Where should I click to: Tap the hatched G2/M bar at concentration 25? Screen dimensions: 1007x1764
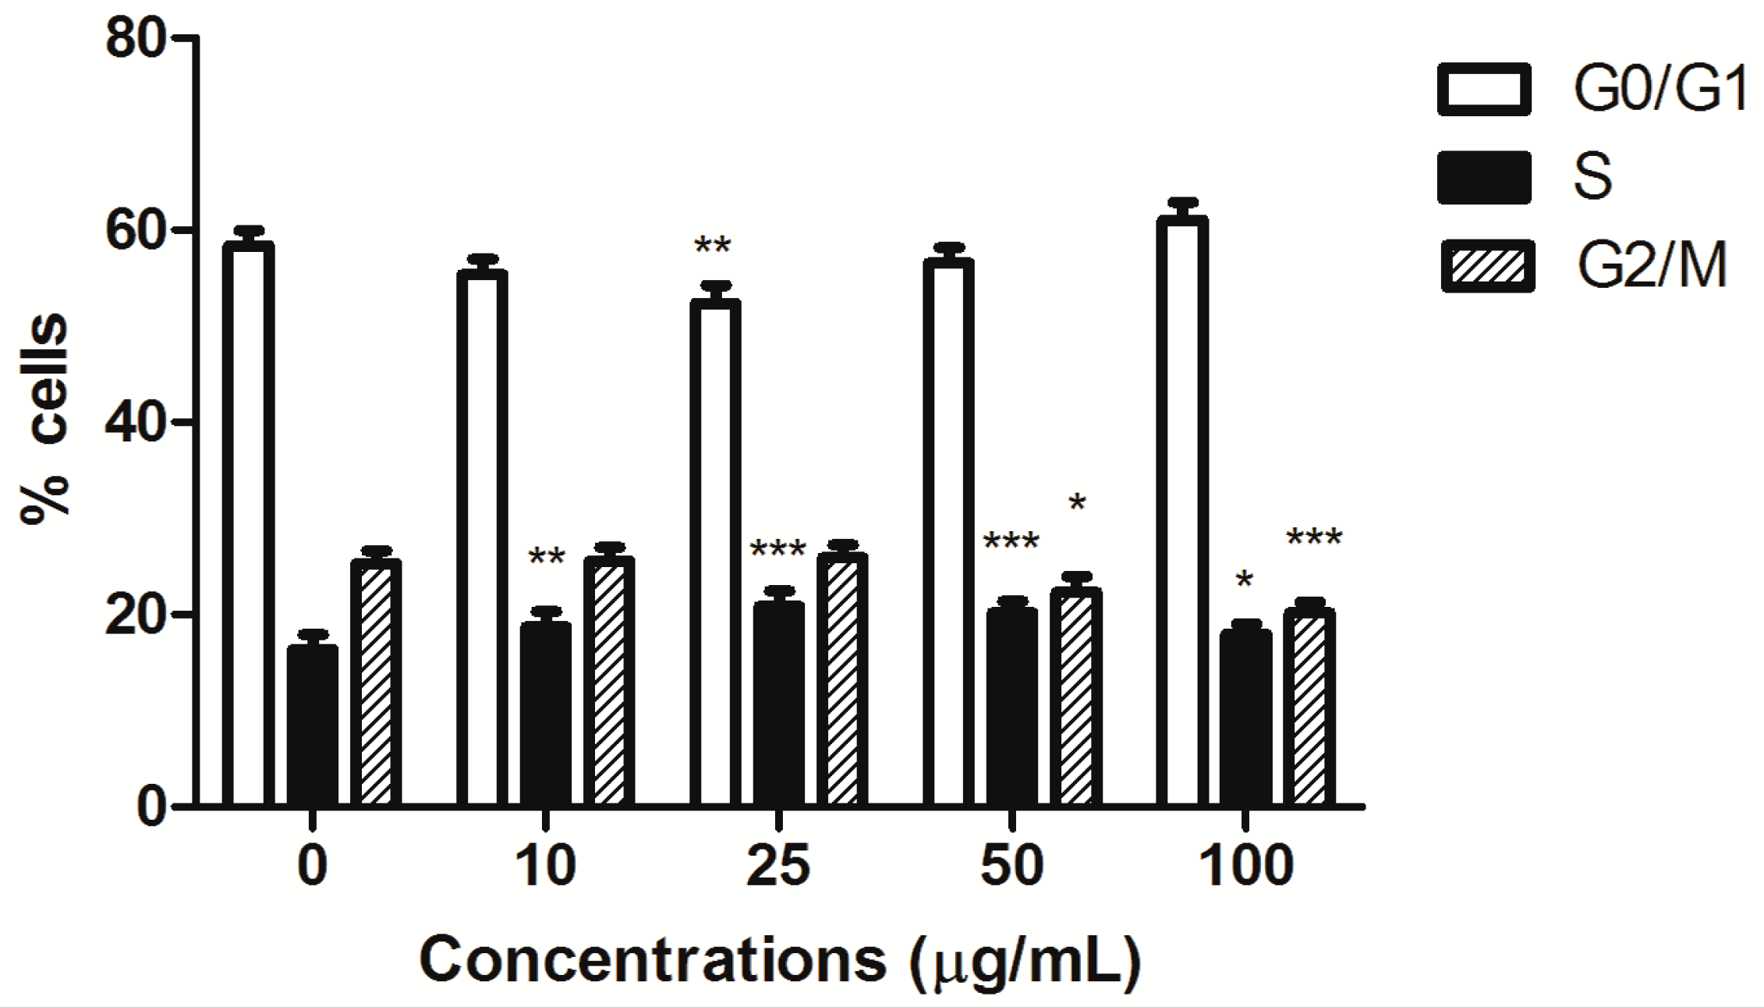842,679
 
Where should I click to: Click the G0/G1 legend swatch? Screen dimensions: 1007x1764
1483,89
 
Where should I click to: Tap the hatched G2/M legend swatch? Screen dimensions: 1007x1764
1487,265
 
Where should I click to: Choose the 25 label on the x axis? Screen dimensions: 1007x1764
778,867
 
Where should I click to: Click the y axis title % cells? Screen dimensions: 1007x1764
45,421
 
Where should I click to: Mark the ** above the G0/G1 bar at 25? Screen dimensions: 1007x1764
712,247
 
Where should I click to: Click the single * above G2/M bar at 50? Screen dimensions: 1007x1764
1076,504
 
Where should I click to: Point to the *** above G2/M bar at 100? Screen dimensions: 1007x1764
1313,537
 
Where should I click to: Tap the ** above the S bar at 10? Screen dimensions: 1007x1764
546,557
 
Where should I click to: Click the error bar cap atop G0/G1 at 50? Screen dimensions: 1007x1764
948,247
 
